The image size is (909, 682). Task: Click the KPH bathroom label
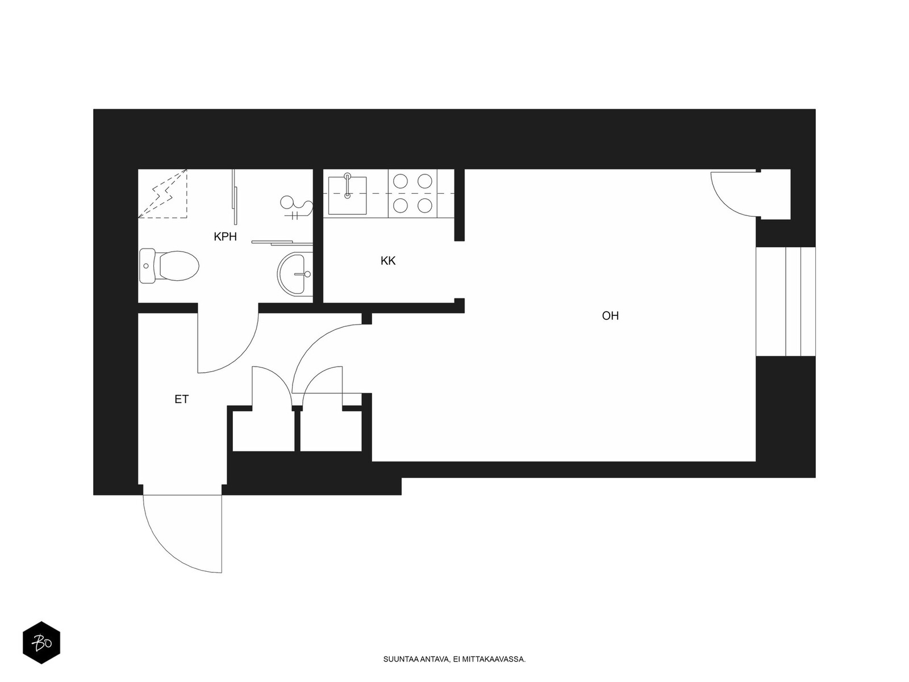pyautogui.click(x=226, y=237)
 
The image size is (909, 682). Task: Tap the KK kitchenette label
pyautogui.click(x=388, y=261)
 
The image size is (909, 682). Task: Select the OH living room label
pyautogui.click(x=610, y=316)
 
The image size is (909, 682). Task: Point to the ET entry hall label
pyautogui.click(x=182, y=399)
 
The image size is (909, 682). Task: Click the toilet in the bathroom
pyautogui.click(x=169, y=266)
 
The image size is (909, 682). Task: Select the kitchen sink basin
pyautogui.click(x=347, y=196)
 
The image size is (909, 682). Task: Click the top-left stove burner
pyautogui.click(x=400, y=181)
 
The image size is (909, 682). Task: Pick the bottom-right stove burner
pyautogui.click(x=425, y=205)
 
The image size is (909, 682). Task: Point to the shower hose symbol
pyautogui.click(x=295, y=207)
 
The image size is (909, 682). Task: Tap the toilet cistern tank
pyautogui.click(x=147, y=266)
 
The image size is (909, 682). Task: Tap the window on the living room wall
pyautogui.click(x=786, y=301)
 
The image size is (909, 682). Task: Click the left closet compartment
pyautogui.click(x=264, y=431)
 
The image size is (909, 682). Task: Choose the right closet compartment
pyautogui.click(x=331, y=431)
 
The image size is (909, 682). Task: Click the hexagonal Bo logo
pyautogui.click(x=41, y=643)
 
